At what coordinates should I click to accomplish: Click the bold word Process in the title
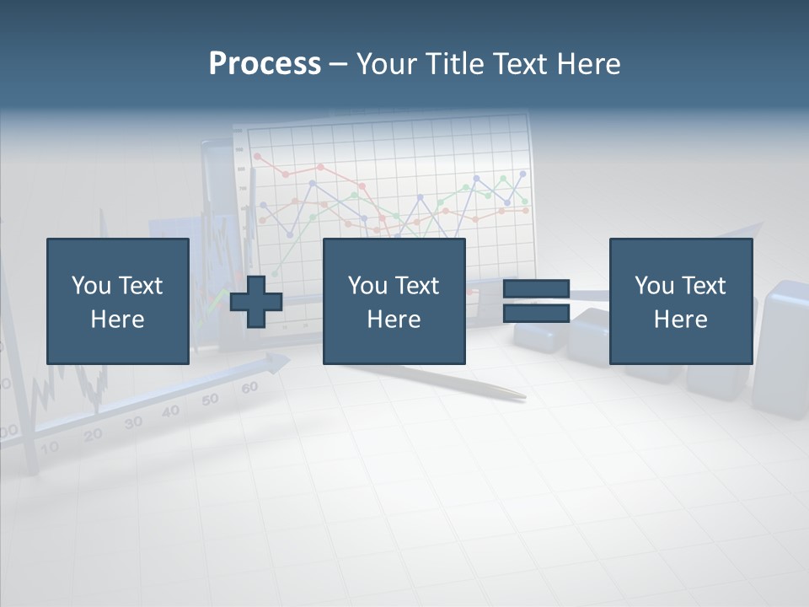[265, 64]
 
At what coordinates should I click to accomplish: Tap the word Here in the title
[587, 64]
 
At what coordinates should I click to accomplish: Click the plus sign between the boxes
[256, 301]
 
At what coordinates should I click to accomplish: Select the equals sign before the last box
[536, 301]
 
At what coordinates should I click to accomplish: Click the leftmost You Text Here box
[117, 301]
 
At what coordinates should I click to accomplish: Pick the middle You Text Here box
[394, 301]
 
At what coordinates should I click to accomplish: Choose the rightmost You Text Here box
[680, 301]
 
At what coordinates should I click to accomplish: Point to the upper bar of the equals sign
[536, 289]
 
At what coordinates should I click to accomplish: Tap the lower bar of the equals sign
[536, 313]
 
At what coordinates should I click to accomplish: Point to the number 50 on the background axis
[210, 400]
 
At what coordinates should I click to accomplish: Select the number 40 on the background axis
[171, 411]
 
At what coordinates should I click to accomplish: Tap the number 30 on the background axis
[133, 423]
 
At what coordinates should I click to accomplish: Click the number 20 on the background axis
[93, 435]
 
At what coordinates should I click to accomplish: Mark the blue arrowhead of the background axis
[278, 363]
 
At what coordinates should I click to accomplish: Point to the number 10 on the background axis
[50, 447]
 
